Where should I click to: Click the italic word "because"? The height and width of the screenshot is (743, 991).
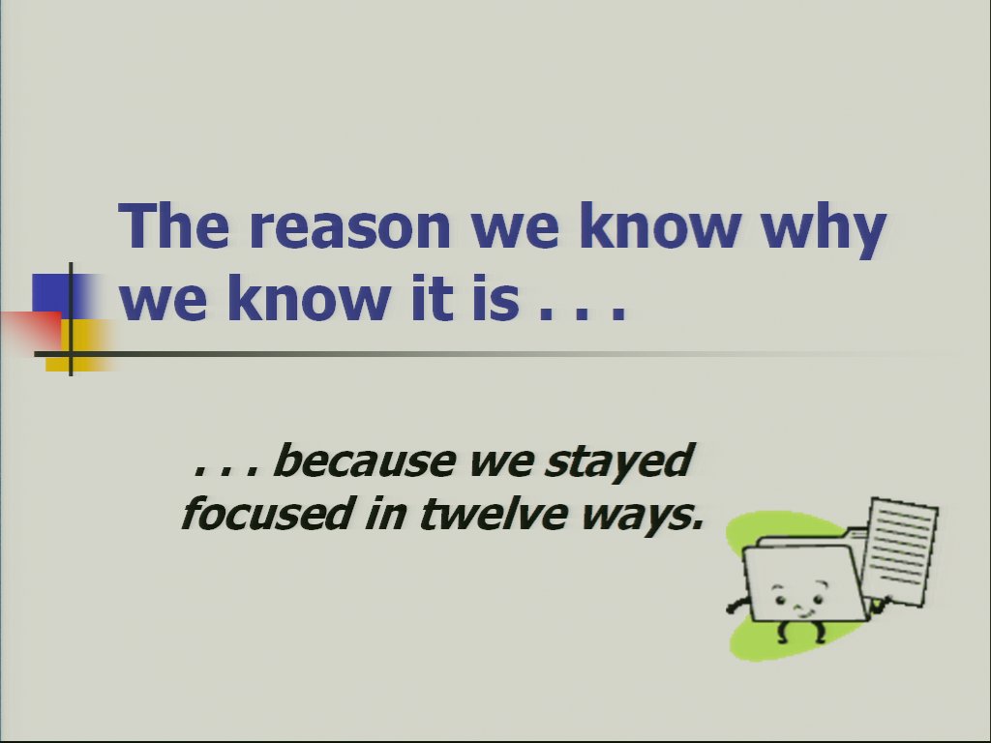[365, 460]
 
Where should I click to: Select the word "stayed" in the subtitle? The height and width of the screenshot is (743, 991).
[620, 462]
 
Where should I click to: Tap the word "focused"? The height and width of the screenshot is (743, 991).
[266, 513]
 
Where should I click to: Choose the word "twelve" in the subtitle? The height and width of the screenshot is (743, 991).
[494, 513]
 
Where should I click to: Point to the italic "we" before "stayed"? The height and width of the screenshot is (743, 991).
[500, 463]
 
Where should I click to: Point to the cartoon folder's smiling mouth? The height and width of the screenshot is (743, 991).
[803, 611]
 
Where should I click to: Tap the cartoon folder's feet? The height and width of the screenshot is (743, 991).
[800, 632]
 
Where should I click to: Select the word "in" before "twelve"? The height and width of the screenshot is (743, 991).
[385, 513]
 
